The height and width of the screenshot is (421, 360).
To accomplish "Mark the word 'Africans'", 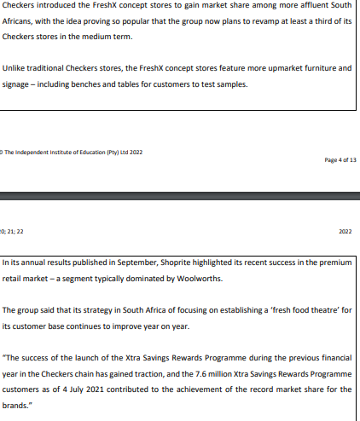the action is (20, 22).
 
